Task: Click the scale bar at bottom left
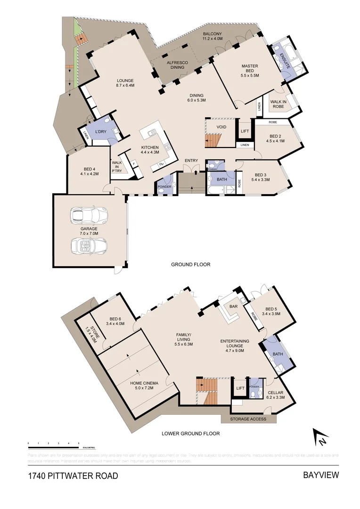[x=54, y=444]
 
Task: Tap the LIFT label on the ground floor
[x=245, y=131]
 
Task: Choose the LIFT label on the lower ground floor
[x=240, y=388]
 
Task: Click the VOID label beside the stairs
[x=221, y=127]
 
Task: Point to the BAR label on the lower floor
[x=233, y=306]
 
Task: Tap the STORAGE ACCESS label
[x=248, y=419]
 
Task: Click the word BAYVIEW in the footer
[x=320, y=475]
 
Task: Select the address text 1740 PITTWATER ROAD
[x=73, y=476]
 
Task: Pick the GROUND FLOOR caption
[x=190, y=264]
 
